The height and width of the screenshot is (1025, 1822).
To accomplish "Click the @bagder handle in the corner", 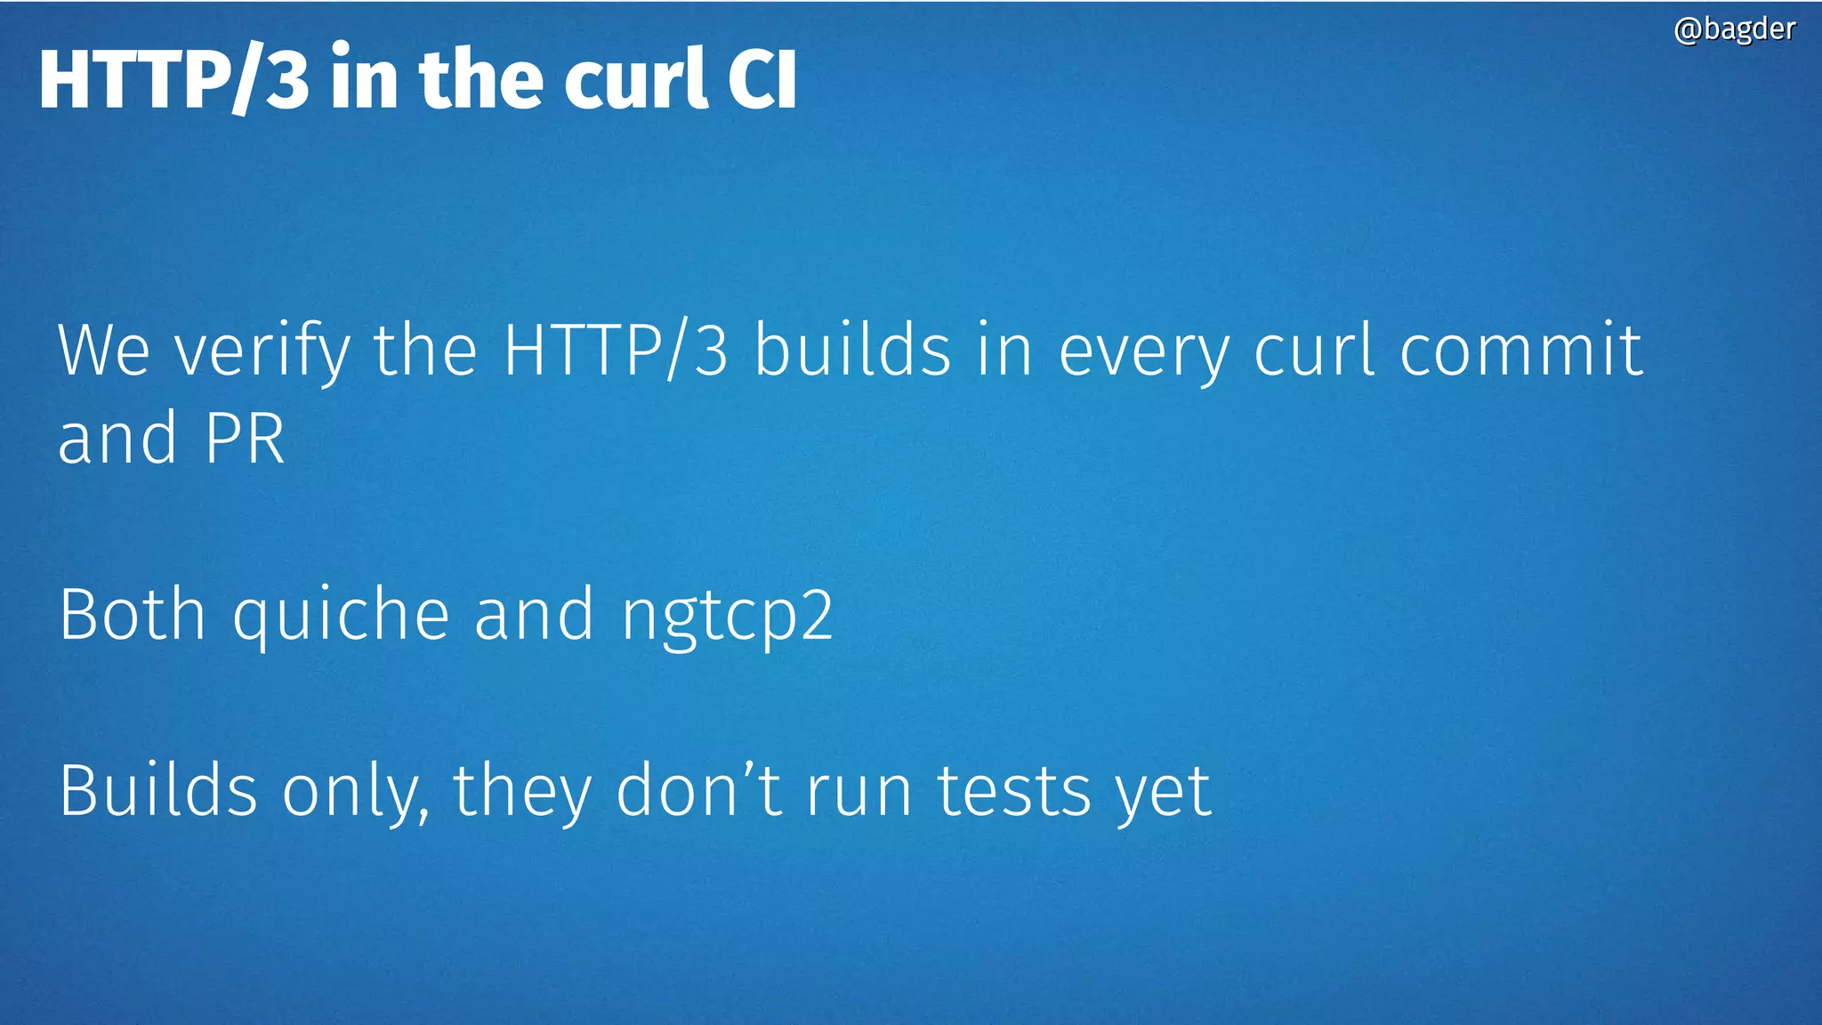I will (x=1734, y=29).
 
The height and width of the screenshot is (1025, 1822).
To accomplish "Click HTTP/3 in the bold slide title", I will (x=174, y=79).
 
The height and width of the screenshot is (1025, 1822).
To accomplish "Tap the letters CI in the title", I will (x=762, y=79).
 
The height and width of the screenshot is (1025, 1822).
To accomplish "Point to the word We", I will (x=103, y=351).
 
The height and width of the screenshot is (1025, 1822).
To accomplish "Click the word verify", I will (x=262, y=352).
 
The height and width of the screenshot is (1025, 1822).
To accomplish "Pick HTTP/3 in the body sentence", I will (x=616, y=351).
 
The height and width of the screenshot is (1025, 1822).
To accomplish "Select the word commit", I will (x=1520, y=351).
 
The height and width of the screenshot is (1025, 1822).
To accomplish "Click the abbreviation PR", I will (x=245, y=438).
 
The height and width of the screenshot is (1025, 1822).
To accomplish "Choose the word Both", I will (x=133, y=614).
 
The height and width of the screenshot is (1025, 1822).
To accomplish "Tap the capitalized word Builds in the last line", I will (x=158, y=790).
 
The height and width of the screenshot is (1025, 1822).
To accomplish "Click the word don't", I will (x=699, y=790).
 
